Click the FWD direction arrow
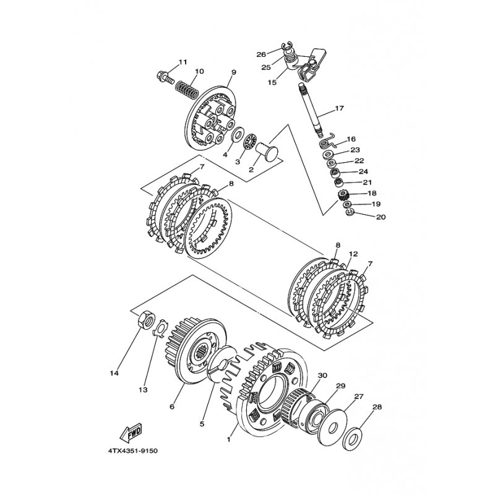(x=131, y=432)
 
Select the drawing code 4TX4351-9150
(x=133, y=451)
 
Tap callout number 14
(x=114, y=373)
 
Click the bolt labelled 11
(x=165, y=77)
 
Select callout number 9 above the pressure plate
(x=233, y=72)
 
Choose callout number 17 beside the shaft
(x=339, y=109)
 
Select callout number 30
(x=322, y=376)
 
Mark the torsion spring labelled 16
(x=327, y=141)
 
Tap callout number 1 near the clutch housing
(x=228, y=439)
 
